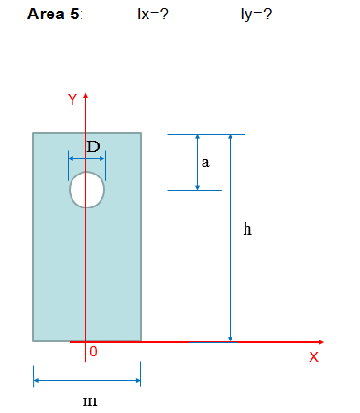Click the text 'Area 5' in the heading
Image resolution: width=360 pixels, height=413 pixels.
click(x=54, y=16)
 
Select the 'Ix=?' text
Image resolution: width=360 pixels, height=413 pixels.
click(x=154, y=16)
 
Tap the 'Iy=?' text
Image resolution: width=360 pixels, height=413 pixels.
click(x=254, y=16)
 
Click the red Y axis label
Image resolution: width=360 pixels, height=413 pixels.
click(x=71, y=99)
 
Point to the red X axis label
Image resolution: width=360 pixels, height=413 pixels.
click(x=313, y=357)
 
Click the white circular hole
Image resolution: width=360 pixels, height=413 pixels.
click(x=87, y=189)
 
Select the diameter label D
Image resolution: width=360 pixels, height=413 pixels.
click(x=93, y=146)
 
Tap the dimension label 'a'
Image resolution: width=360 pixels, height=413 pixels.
click(x=205, y=163)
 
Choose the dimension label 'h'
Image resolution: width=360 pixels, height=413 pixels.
click(x=247, y=230)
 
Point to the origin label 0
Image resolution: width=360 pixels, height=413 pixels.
click(x=93, y=351)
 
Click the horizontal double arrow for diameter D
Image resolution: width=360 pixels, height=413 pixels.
click(x=86, y=157)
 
